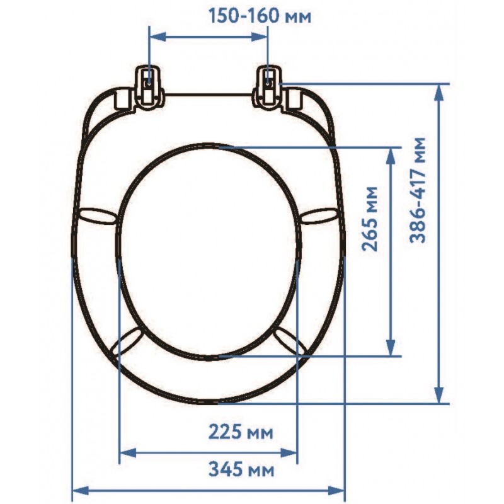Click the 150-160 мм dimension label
pyautogui.click(x=260, y=16)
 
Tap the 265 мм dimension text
pyautogui.click(x=369, y=219)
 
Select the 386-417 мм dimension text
pyautogui.click(x=418, y=190)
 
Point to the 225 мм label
pyautogui.click(x=241, y=432)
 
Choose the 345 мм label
pyautogui.click(x=241, y=469)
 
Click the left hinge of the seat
pyautogui.click(x=148, y=88)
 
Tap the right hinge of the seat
pyautogui.click(x=269, y=88)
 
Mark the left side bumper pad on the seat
pyautogui.click(x=96, y=215)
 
